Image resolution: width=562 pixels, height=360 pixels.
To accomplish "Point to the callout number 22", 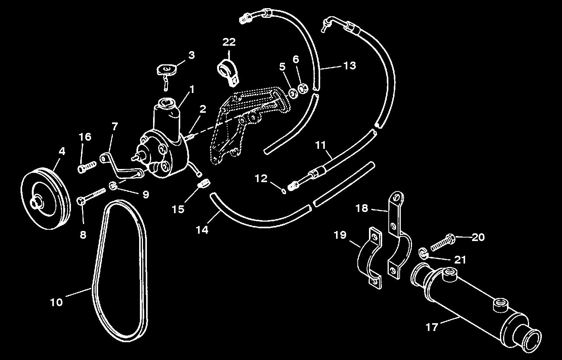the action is point(229,42).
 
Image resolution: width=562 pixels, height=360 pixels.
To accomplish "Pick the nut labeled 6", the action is point(303,89).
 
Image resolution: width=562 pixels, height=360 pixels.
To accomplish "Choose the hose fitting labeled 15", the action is point(204,184).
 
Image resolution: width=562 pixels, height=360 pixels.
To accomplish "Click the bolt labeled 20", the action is point(442,239).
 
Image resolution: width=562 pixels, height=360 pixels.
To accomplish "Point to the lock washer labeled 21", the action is point(424,254).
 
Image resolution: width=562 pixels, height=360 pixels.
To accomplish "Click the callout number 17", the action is point(431,327).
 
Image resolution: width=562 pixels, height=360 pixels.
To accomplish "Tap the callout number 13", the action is point(349,65).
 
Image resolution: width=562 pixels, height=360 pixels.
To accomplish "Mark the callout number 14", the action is point(202,230).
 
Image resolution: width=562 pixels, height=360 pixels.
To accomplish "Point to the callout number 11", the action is point(320,146).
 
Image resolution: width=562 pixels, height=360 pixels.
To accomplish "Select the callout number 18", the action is point(362,208).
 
